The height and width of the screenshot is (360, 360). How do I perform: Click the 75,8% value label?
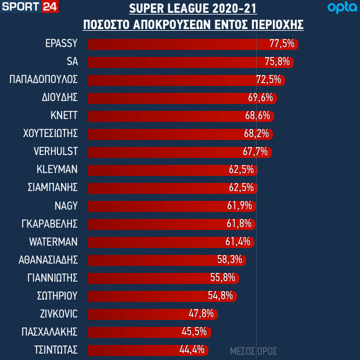(278, 62)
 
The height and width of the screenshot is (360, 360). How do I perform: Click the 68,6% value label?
(258, 116)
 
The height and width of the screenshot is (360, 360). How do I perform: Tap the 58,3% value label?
(231, 260)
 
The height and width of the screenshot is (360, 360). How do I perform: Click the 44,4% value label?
(192, 350)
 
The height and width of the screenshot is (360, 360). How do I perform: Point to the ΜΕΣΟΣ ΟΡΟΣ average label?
(254, 351)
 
